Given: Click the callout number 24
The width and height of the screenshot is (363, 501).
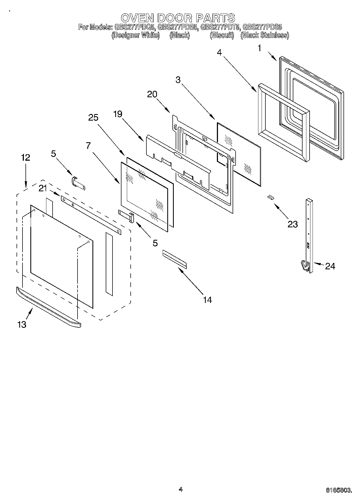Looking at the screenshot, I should point(330,266).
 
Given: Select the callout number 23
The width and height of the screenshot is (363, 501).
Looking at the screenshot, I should point(293,224).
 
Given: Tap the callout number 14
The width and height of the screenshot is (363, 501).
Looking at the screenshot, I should point(207,300).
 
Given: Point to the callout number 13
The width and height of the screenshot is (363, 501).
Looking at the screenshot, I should point(22,324).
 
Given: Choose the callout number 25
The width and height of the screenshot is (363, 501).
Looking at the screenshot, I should point(93,118).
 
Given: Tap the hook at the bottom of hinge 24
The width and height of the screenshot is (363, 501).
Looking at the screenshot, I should point(305,265).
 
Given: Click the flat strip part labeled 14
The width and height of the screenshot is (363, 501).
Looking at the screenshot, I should point(174,259).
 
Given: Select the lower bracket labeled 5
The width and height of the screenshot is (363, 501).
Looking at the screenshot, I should point(126,216).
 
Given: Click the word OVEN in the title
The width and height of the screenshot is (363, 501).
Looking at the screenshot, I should point(137,18).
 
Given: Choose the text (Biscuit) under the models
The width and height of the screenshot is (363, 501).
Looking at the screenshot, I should point(222,35).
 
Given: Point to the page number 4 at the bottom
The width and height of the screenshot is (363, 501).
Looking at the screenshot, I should point(181,489).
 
